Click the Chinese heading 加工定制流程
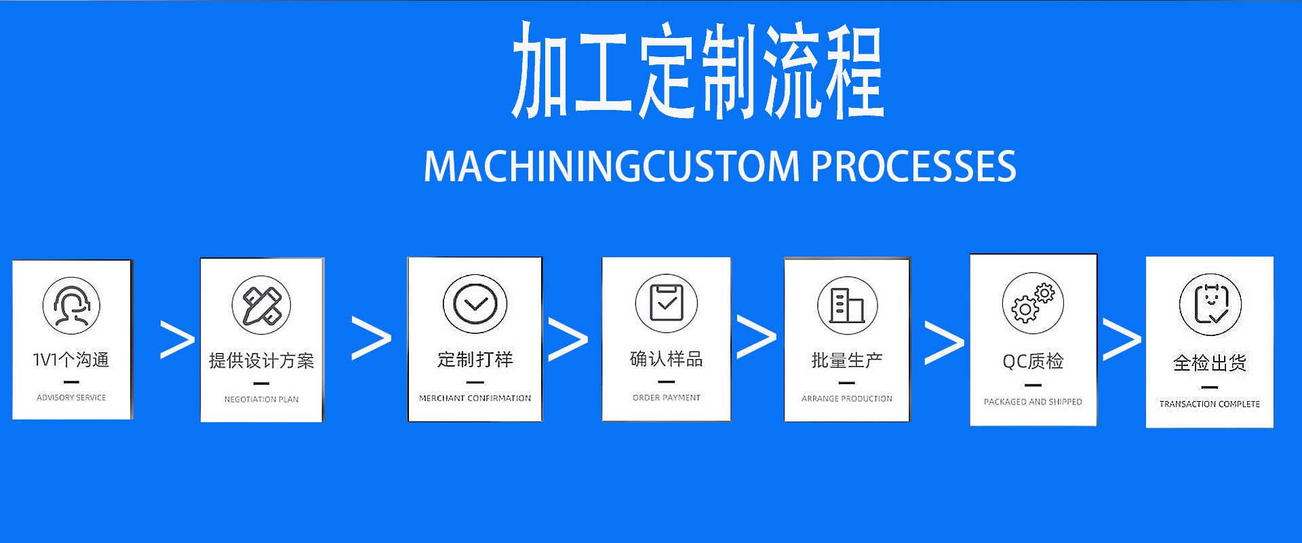pos(697,71)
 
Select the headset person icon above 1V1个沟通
pos(71,305)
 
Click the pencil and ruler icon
pos(261,305)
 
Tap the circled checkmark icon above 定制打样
pos(475,304)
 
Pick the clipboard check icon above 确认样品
pos(666,303)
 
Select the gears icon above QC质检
pos(1033,303)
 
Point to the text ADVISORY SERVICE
pos(71,398)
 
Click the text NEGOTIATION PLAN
pos(261,400)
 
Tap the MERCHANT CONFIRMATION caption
pos(475,398)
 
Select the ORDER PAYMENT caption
pos(666,398)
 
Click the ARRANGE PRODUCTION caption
pos(846,399)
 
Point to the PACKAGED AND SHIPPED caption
pos(1033,402)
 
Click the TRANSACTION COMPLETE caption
pos(1209,404)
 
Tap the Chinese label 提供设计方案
pos(261,360)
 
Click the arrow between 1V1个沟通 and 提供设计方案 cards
pos(177,339)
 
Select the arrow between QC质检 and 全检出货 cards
pos(1122,339)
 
